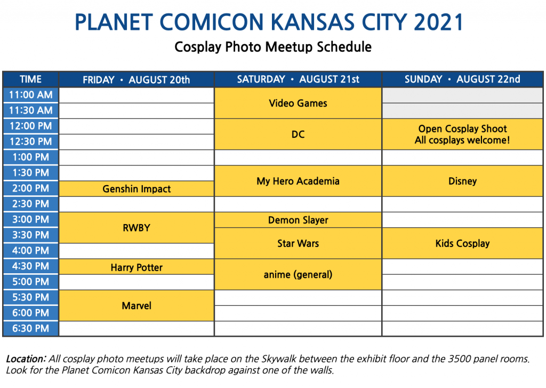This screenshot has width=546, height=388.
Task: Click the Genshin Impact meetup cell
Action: pos(136,188)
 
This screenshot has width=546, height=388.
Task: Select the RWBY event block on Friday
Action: pos(136,228)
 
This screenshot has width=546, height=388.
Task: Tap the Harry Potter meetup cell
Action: pos(136,267)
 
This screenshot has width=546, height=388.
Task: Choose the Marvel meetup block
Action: pos(136,305)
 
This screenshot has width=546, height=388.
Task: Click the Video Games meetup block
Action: pos(298,103)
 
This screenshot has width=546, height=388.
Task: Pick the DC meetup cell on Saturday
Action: pos(298,134)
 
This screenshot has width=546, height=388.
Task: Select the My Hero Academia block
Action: pos(298,181)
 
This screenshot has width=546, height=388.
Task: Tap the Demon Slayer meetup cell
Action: pos(298,220)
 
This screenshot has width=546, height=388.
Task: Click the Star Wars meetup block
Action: pos(298,243)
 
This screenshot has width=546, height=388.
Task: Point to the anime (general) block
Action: pos(298,274)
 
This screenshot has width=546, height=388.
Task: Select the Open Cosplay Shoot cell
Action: pos(462,134)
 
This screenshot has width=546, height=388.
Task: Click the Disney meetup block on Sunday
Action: pos(462,181)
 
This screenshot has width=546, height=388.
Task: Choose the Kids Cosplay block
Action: pos(462,243)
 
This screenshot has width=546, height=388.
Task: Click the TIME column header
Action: pos(30,80)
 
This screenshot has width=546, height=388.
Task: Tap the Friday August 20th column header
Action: pos(136,80)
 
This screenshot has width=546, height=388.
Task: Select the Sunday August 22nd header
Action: pos(462,80)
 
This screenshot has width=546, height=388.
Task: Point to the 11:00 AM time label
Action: pos(30,95)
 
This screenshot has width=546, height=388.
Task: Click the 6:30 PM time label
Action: pos(30,328)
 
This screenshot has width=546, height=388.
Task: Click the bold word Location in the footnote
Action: pos(26,359)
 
